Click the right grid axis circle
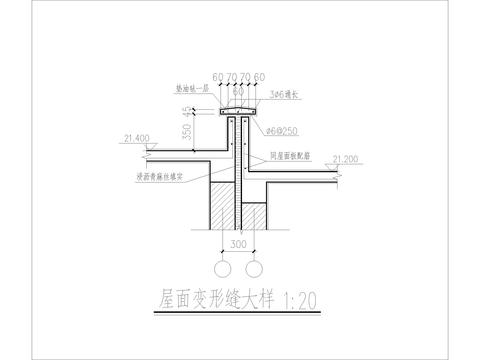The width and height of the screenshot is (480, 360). point(254,268)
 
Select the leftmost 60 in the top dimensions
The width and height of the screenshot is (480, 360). point(218,76)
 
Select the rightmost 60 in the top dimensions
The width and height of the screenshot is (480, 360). point(260,76)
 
